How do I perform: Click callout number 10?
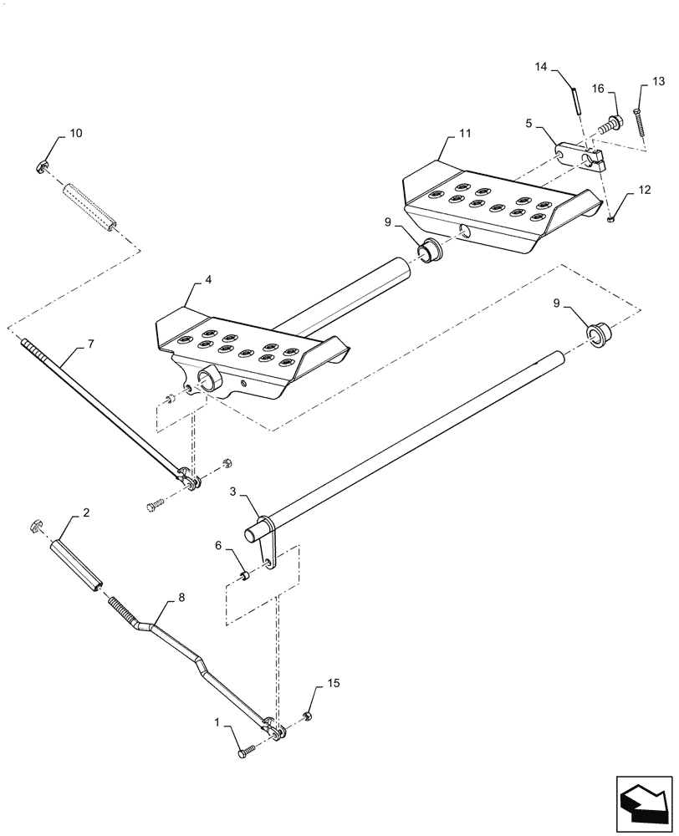click(76, 134)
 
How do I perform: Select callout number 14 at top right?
click(540, 67)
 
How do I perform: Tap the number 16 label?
click(598, 89)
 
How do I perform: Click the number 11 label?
click(465, 134)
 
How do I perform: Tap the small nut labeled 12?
click(611, 219)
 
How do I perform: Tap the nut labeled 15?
click(307, 716)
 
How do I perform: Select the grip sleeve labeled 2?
click(76, 565)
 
